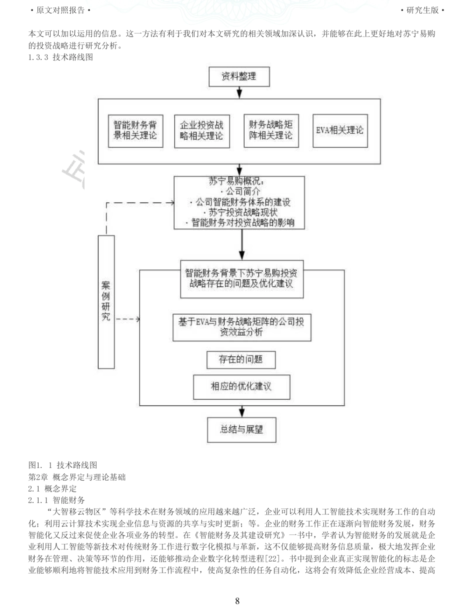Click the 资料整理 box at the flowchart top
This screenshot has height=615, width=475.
[239, 76]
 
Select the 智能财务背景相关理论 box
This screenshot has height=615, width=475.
[135, 131]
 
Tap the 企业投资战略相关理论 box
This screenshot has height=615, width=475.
[202, 131]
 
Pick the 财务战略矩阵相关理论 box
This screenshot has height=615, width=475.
[271, 130]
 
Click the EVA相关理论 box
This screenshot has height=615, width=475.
[340, 130]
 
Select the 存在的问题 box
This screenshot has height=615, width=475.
[240, 359]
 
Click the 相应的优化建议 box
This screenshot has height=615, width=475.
[241, 387]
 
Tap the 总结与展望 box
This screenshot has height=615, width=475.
[241, 429]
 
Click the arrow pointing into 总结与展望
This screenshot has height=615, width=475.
[242, 411]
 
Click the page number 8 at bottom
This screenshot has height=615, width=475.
[237, 600]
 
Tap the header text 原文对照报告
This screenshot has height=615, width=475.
[60, 10]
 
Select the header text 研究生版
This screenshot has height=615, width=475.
[422, 10]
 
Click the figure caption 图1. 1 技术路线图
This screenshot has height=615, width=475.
[63, 465]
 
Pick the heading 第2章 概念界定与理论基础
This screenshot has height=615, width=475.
[77, 477]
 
